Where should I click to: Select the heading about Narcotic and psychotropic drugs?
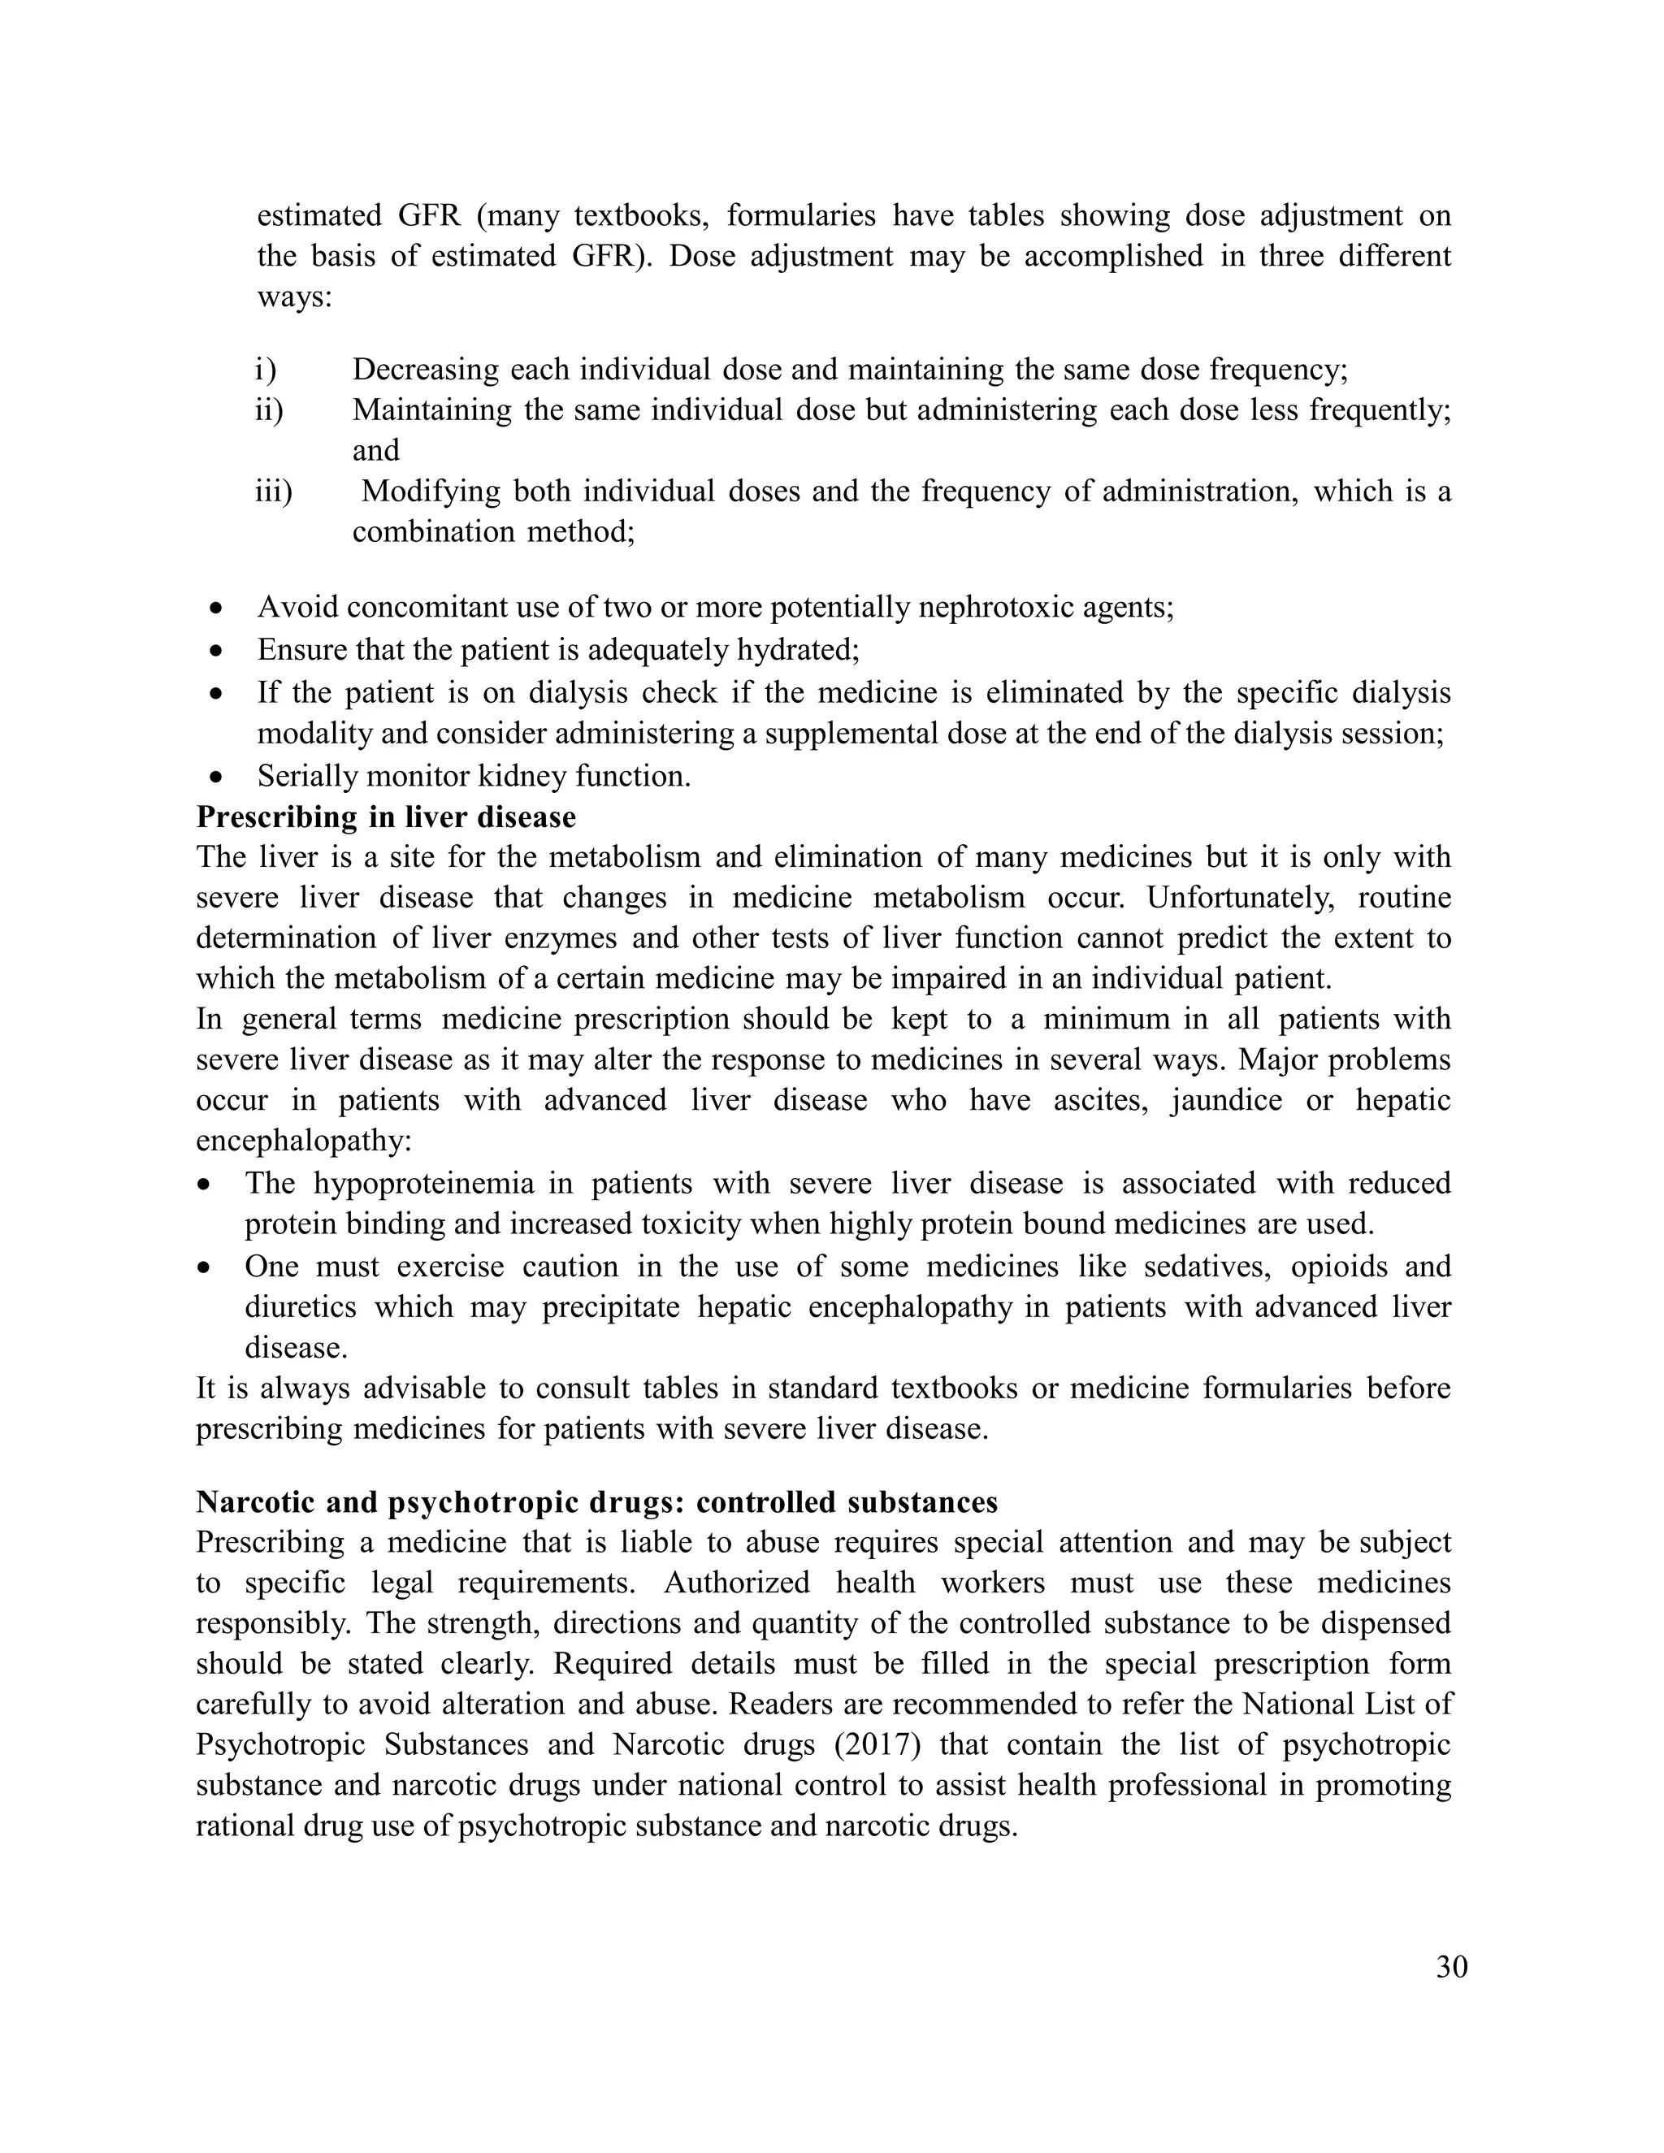[x=596, y=1502]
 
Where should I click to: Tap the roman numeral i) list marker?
[x=265, y=370]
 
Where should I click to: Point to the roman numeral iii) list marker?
[x=273, y=491]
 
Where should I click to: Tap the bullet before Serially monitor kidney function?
[x=218, y=778]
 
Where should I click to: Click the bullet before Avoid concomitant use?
[x=218, y=609]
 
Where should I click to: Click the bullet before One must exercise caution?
[x=205, y=1267]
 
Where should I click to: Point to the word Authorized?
[x=735, y=1583]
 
